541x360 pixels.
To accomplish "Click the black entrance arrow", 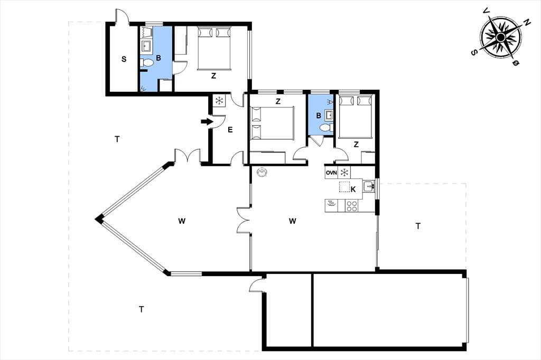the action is pyautogui.click(x=207, y=121).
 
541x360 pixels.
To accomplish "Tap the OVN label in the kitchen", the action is pyautogui.click(x=331, y=173).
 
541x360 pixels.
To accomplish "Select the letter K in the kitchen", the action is pyautogui.click(x=353, y=190).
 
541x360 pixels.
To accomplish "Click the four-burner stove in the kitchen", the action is pyautogui.click(x=351, y=206).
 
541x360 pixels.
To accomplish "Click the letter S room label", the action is pyautogui.click(x=124, y=59).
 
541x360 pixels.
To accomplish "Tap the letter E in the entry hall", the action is pyautogui.click(x=230, y=130).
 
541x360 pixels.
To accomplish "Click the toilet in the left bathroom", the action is pyautogui.click(x=147, y=63).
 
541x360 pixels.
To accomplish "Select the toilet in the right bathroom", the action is pyautogui.click(x=326, y=128).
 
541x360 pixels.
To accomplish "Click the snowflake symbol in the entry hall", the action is pyautogui.click(x=219, y=101).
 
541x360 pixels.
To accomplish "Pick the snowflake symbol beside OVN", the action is pyautogui.click(x=344, y=173).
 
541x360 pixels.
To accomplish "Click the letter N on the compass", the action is pyautogui.click(x=527, y=23).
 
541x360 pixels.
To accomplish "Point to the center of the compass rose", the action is pyautogui.click(x=501, y=36).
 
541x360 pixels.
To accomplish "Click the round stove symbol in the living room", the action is pyautogui.click(x=263, y=172).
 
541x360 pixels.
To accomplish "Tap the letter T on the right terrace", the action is pyautogui.click(x=418, y=226).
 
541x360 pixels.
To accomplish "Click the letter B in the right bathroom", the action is pyautogui.click(x=319, y=116).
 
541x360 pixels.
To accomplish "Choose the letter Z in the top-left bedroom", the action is pyautogui.click(x=213, y=76).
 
